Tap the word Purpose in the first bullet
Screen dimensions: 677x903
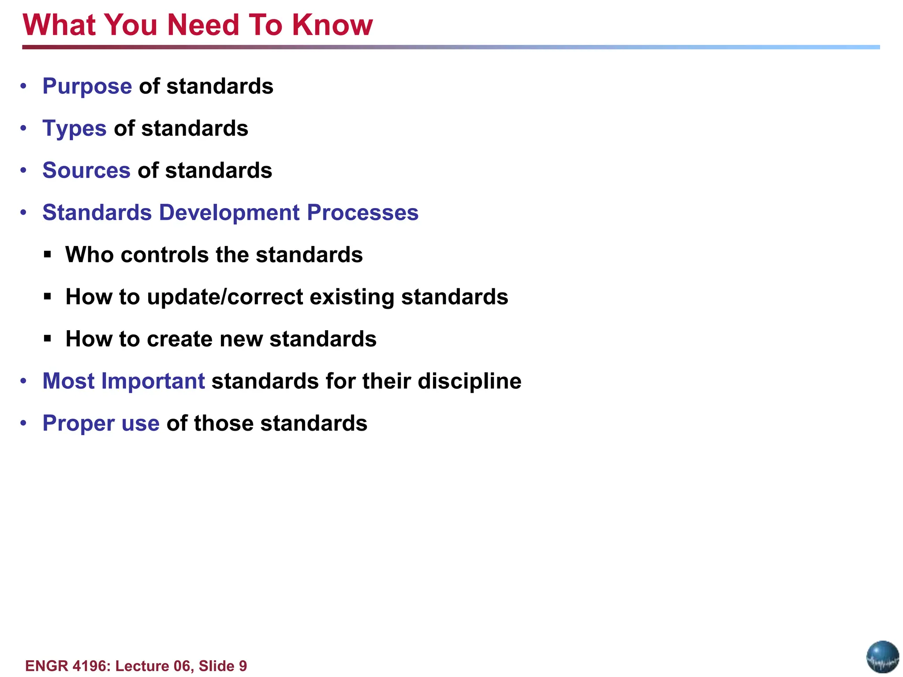tap(87, 86)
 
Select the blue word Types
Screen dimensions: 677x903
tap(74, 129)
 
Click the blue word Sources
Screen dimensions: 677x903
tap(86, 171)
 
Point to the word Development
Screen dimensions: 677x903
tap(229, 213)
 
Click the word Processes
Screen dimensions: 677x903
tap(362, 213)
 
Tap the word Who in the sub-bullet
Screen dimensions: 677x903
tap(89, 255)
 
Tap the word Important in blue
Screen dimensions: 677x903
tap(153, 381)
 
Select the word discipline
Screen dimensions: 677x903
tap(469, 381)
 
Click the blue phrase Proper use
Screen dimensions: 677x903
tap(101, 424)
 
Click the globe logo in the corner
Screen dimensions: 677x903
tap(882, 657)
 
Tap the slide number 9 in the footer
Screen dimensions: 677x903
tap(243, 666)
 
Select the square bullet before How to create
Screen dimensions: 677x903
tap(48, 339)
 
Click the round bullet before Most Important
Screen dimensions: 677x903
tap(24, 381)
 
